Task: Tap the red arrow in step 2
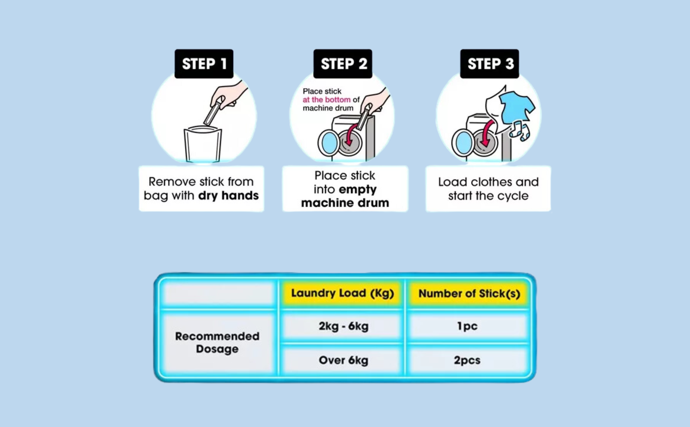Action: tap(351, 135)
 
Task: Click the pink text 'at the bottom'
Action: tap(327, 100)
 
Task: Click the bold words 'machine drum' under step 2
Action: tap(345, 203)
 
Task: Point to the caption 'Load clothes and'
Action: tap(488, 182)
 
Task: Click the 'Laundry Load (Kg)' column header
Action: tap(342, 293)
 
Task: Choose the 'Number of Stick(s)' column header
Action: tap(469, 293)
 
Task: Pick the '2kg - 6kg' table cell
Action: tap(343, 326)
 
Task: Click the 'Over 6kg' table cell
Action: tap(343, 360)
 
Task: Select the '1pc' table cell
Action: tap(468, 326)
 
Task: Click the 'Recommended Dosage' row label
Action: tap(217, 342)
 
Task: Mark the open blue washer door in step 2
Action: tap(328, 143)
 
